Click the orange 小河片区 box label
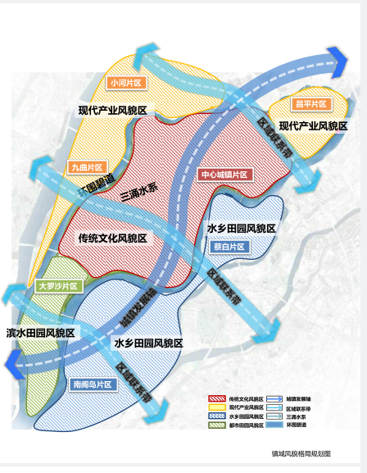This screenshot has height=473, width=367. point(126,83)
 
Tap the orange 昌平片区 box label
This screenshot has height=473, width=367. point(310,104)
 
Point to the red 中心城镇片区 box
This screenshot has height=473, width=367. point(224,174)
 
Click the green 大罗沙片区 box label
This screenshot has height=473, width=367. point(58,287)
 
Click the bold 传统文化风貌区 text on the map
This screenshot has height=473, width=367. point(112,238)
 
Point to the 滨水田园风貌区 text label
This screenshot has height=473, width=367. point(41,333)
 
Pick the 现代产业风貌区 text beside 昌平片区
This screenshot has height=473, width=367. point(313,125)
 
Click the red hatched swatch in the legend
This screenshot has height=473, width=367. point(217,398)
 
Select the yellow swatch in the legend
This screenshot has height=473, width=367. point(217,407)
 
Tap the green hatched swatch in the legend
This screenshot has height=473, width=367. point(217,425)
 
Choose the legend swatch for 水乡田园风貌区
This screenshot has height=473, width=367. point(217,416)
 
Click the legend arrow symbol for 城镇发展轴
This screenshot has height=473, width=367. point(274,398)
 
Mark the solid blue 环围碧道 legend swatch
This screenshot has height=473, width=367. point(274,425)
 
